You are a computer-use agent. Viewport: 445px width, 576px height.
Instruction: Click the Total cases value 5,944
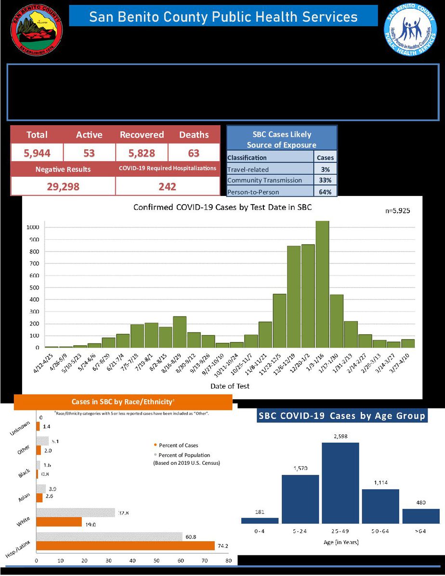point(37,153)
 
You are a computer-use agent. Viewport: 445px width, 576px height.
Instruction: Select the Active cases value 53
point(89,153)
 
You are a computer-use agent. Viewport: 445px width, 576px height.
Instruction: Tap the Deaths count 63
point(194,153)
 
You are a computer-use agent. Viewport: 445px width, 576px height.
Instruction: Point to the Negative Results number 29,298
point(63,186)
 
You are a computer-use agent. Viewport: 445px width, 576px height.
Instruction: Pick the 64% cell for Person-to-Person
point(325,192)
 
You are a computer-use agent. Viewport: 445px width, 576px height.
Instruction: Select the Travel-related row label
point(248,169)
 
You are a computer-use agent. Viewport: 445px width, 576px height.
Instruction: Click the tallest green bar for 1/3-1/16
point(323,284)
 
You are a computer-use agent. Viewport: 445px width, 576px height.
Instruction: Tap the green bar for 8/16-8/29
point(180,332)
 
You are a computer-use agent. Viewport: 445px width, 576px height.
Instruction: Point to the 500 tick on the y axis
point(33,288)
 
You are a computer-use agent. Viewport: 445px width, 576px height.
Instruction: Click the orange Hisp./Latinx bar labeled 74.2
point(125,546)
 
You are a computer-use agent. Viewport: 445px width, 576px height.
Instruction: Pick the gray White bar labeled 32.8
point(76,512)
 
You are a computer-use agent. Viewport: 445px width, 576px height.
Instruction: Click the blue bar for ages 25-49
point(340,483)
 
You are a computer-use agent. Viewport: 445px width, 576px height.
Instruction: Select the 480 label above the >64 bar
point(420,502)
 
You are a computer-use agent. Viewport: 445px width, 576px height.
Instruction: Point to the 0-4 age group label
point(260,531)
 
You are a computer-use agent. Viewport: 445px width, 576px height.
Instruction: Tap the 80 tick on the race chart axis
point(228,561)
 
